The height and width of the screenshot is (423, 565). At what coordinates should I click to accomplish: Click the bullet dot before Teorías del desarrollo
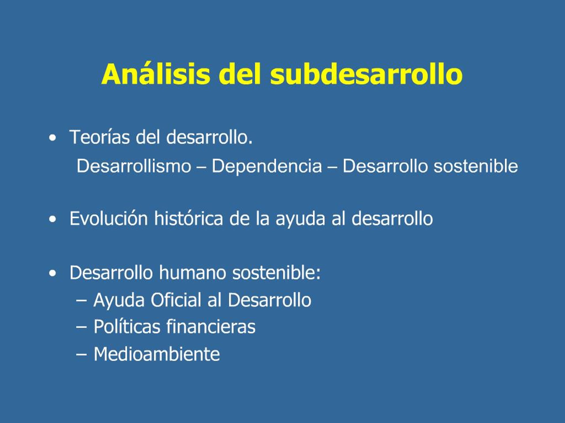pyautogui.click(x=53, y=138)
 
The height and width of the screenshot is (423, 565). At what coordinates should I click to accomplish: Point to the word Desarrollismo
pyautogui.click(x=134, y=166)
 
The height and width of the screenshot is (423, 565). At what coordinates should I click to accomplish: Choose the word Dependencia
pyautogui.click(x=267, y=166)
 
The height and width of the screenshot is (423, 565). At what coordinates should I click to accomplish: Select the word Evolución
pyautogui.click(x=109, y=219)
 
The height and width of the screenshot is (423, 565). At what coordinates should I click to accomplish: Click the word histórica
pyautogui.click(x=188, y=218)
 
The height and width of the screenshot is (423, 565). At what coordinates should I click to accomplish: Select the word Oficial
pyautogui.click(x=176, y=300)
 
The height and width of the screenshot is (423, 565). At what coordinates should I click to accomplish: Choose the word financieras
pyautogui.click(x=211, y=327)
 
